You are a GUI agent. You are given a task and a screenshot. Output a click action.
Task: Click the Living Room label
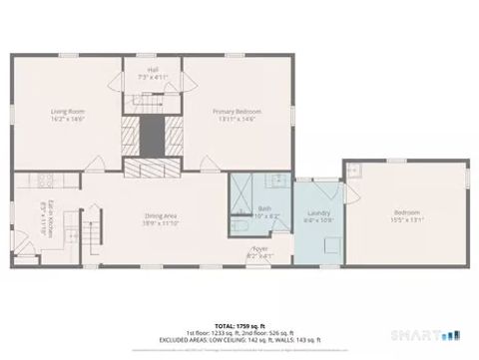pyautogui.click(x=69, y=112)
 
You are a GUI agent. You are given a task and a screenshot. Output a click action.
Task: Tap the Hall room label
pyautogui.click(x=152, y=71)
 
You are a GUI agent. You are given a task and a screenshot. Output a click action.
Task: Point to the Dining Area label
pyautogui.click(x=161, y=216)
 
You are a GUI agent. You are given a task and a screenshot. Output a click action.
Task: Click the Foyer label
pyautogui.click(x=258, y=248)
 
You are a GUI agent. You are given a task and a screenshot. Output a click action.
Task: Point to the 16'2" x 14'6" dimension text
pyautogui.click(x=69, y=119)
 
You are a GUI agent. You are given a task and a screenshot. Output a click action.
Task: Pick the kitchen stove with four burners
pyautogui.click(x=43, y=180)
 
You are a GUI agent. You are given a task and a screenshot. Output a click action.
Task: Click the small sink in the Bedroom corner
pyautogui.click(x=353, y=170)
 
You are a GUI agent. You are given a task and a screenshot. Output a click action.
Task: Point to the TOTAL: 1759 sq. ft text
pyautogui.click(x=239, y=326)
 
